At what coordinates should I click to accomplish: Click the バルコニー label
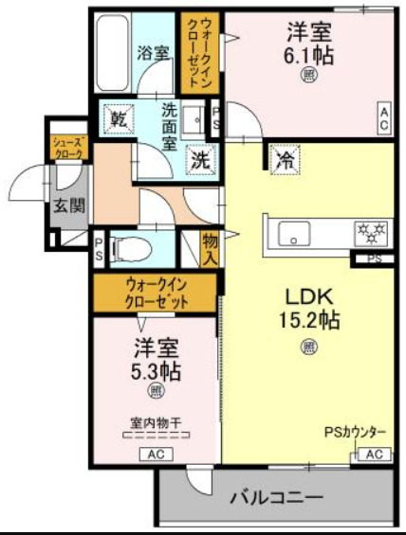276,496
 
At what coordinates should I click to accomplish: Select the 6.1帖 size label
309,55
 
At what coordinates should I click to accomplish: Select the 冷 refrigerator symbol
284,159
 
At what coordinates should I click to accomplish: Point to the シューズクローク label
69,146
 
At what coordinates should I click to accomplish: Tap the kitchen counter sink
290,230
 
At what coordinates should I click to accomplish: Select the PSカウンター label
355,433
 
